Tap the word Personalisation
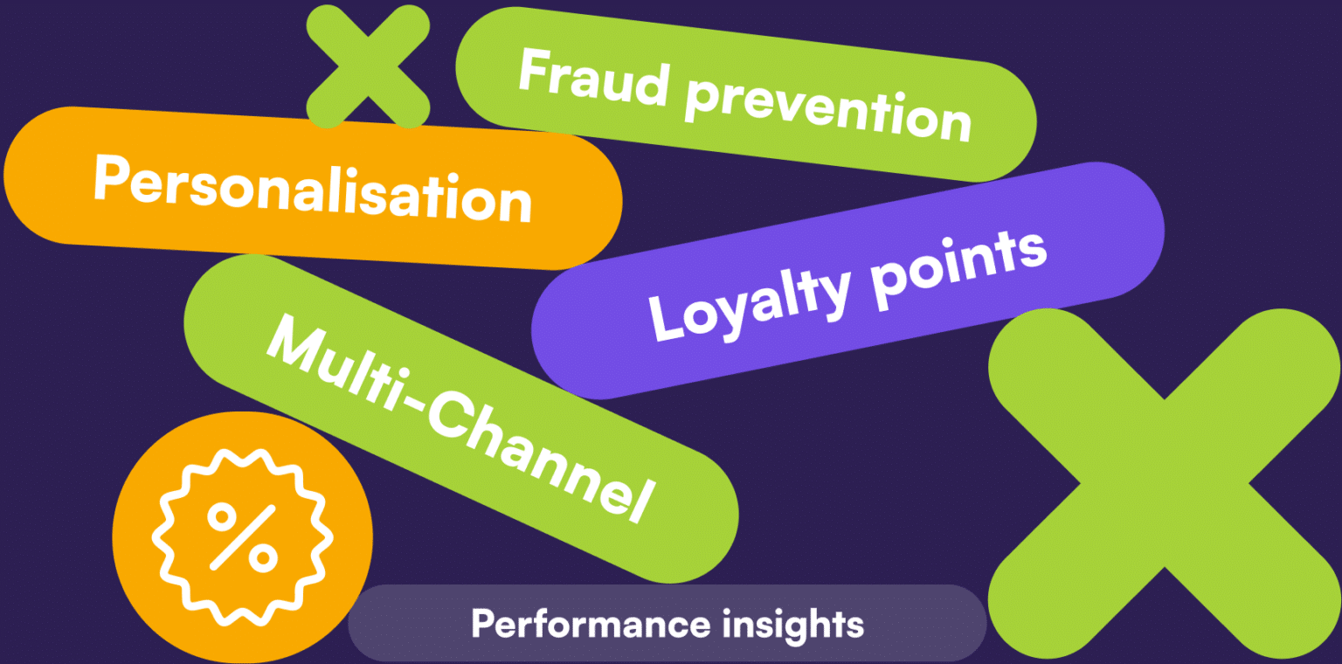[x=312, y=188]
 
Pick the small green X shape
[x=368, y=66]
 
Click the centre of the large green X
[x=1164, y=483]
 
